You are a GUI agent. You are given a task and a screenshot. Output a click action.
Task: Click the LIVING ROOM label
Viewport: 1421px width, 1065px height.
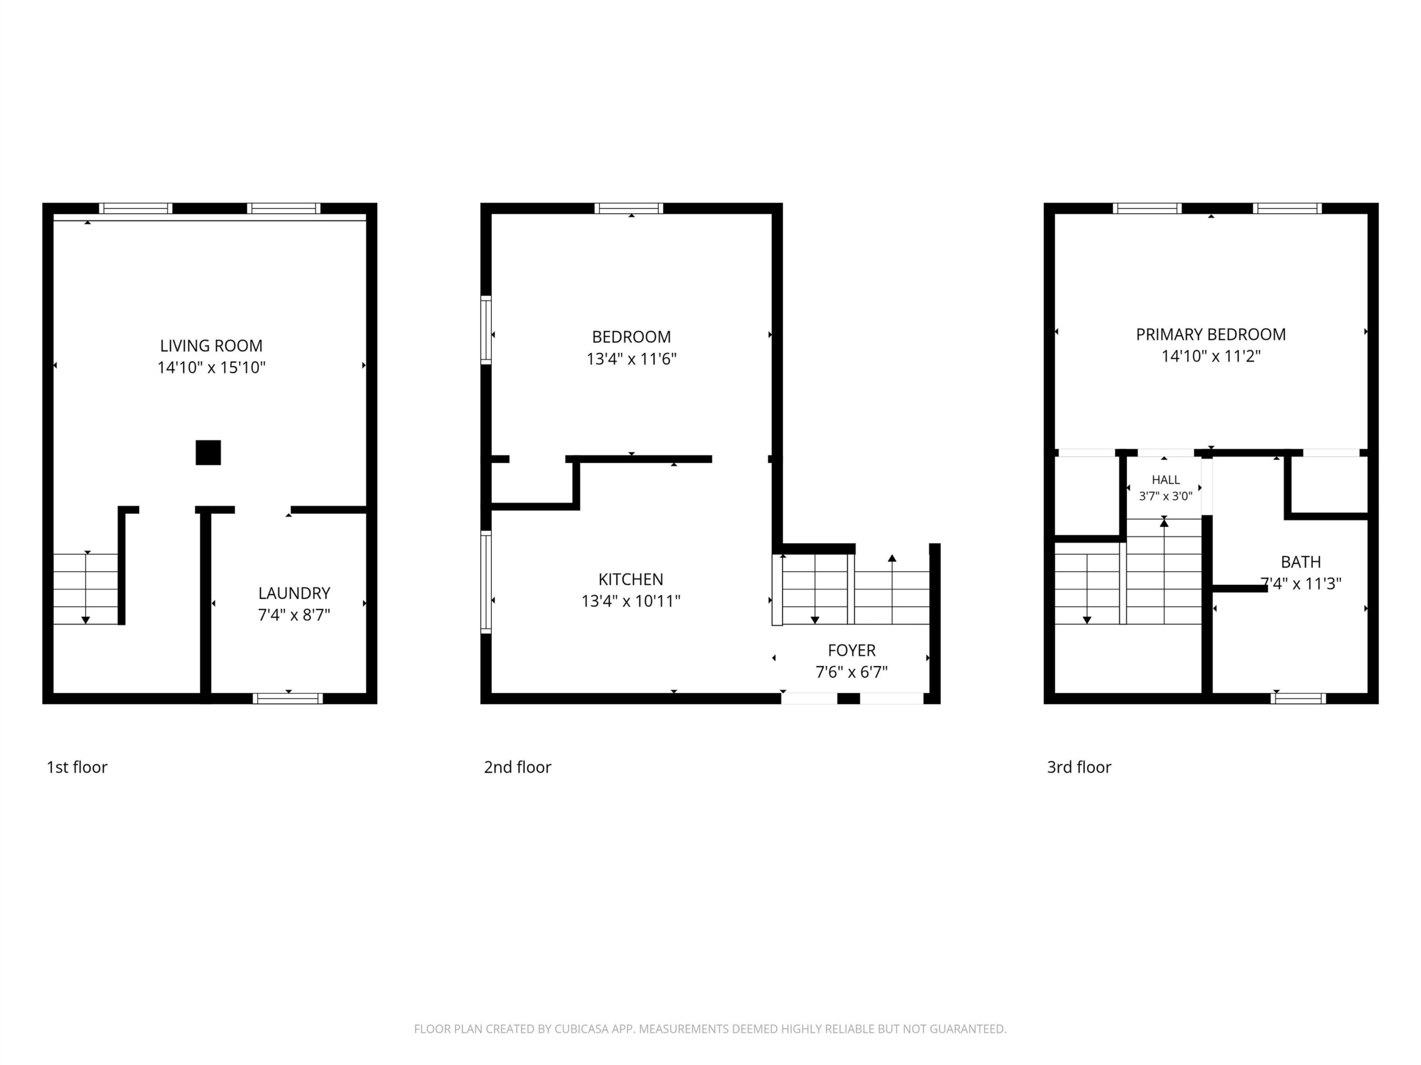211,346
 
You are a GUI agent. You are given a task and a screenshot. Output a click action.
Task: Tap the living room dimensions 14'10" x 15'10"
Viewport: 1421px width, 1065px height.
211,368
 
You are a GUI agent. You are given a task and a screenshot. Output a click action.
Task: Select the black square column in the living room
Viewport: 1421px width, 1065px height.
208,453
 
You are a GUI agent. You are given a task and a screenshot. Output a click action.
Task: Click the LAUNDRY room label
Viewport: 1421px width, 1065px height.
294,593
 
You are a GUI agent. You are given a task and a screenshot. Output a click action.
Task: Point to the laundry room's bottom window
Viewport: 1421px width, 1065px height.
288,698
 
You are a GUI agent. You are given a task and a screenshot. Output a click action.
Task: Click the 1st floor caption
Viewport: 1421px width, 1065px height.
77,767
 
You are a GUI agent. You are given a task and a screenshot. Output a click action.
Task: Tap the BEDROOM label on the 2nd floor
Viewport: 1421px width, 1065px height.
632,337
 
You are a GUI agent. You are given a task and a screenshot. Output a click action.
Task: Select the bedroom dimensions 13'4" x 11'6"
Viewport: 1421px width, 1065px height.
632,359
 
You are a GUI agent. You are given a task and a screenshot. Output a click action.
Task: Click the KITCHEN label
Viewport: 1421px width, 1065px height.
631,580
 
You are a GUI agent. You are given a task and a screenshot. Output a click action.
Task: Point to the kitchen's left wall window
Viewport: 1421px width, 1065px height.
486,582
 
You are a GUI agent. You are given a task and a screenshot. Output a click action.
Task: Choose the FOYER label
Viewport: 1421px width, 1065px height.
852,650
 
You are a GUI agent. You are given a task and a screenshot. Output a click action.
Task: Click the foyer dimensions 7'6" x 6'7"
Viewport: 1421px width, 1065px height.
852,672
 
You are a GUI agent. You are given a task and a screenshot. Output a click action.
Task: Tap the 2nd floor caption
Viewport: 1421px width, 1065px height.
518,767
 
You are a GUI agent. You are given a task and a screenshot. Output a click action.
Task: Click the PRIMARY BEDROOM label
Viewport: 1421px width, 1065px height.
1211,334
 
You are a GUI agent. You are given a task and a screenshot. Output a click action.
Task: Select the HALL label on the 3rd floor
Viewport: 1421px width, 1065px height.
1166,480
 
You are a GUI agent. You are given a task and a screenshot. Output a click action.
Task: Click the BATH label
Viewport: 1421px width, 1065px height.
1301,562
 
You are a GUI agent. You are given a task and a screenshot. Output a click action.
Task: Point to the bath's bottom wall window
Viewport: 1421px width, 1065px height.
1298,698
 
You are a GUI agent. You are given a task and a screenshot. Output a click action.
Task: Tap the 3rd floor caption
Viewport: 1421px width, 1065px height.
1079,767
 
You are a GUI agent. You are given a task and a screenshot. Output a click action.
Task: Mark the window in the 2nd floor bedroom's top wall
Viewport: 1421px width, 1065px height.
629,208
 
